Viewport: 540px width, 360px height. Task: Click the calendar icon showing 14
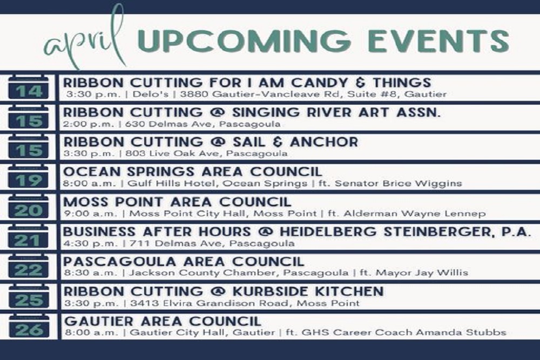(29, 89)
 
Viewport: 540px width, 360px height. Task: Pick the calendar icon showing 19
(29, 178)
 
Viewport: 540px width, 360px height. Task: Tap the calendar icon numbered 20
(29, 207)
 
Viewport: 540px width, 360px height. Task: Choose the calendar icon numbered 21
(29, 237)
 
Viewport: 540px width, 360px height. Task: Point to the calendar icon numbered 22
(29, 267)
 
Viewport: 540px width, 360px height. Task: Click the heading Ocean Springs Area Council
(193, 172)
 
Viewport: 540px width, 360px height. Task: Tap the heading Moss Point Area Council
(177, 202)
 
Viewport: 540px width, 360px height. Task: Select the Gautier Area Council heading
(163, 321)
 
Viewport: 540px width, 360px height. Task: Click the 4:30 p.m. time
(82, 243)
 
